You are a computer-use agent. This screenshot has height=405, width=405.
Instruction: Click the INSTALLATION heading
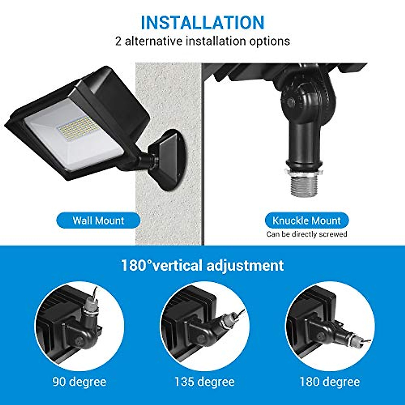(x=202, y=23)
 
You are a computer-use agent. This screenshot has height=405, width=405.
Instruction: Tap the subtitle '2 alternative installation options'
(x=202, y=41)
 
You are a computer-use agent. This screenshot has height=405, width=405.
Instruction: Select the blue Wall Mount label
(x=98, y=221)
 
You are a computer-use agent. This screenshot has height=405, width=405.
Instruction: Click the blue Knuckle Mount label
(x=306, y=221)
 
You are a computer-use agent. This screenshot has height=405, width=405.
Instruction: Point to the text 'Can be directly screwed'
(x=306, y=234)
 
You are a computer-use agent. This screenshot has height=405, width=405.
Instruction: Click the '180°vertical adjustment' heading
(x=202, y=265)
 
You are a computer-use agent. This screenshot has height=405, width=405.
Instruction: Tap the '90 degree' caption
(x=79, y=382)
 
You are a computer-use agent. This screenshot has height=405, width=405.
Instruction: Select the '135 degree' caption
(x=204, y=382)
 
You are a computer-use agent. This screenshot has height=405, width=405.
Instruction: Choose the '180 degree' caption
(x=329, y=382)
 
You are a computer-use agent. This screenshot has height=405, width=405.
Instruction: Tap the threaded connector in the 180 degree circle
(x=354, y=337)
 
